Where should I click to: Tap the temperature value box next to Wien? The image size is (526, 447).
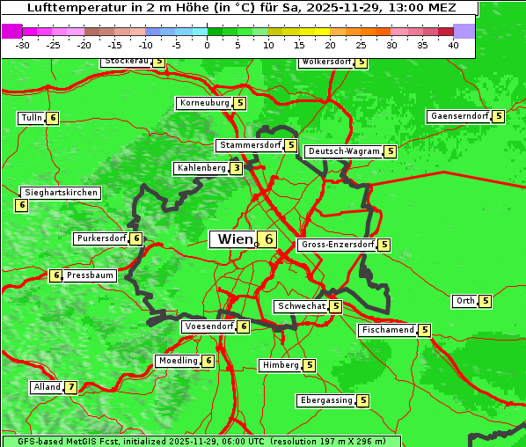click(x=267, y=239)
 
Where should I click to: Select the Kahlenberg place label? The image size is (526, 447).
click(x=201, y=168)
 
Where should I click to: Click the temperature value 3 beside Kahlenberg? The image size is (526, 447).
click(x=236, y=168)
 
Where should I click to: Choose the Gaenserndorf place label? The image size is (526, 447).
click(x=457, y=116)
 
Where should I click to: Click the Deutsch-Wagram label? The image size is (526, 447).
click(x=344, y=151)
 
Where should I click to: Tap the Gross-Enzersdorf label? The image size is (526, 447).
click(x=337, y=245)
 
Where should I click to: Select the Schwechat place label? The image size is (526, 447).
click(x=300, y=306)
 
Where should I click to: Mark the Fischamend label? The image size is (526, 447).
click(x=386, y=330)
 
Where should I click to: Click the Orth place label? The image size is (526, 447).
click(x=464, y=301)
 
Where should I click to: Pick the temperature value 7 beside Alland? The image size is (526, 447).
click(x=70, y=387)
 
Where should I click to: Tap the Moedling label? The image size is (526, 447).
click(x=177, y=361)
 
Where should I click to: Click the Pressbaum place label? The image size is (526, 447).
click(x=91, y=275)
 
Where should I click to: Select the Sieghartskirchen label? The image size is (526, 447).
click(x=61, y=193)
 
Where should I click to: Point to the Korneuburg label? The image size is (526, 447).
click(x=204, y=103)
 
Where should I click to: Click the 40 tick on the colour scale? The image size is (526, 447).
click(x=453, y=46)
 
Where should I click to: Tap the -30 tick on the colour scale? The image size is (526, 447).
click(x=23, y=46)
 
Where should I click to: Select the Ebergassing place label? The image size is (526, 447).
click(x=326, y=400)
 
